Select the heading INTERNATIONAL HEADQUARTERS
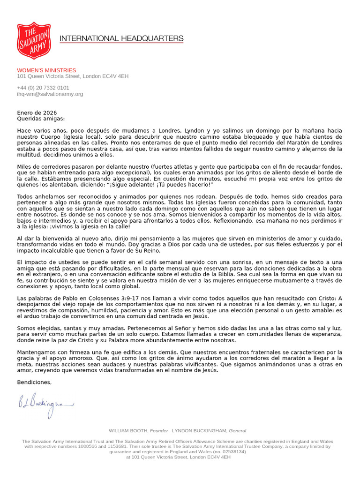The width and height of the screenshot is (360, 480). (121, 38)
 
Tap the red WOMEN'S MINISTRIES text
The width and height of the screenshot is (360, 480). (46, 70)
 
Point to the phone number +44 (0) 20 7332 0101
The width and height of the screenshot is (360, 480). (43, 88)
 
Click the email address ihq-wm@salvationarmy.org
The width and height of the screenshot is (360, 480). (50, 94)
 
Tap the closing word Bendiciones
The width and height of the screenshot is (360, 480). (34, 382)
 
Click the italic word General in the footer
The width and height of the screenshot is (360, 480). (238, 430)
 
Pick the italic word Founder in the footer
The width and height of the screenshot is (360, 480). (159, 430)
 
